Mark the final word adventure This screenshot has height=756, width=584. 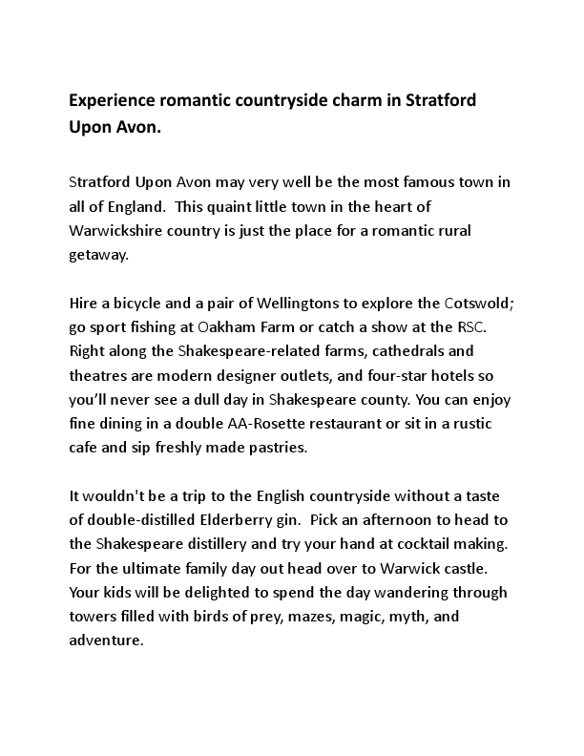pyautogui.click(x=105, y=640)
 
